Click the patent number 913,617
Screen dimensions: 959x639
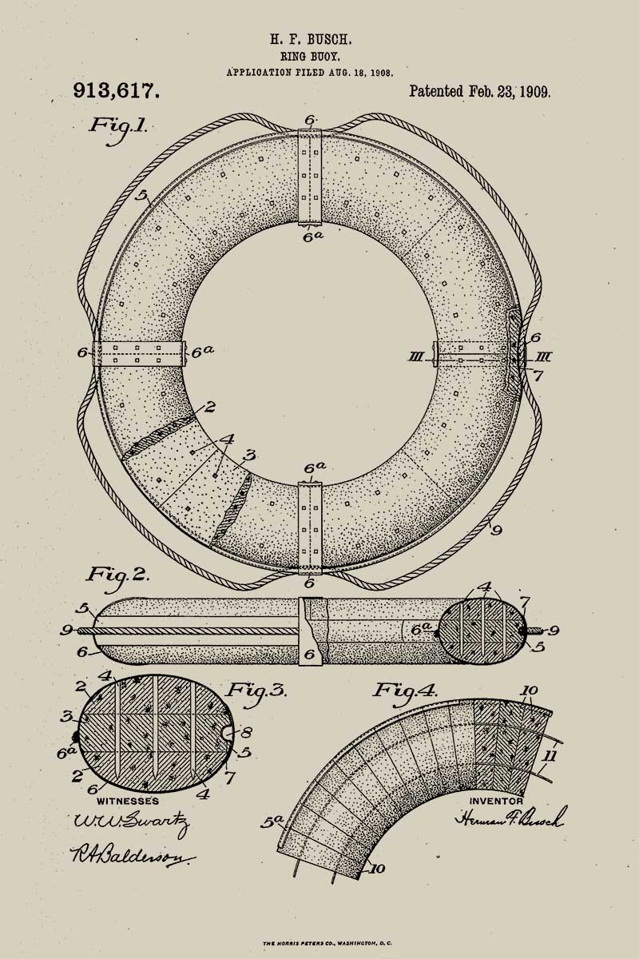pyautogui.click(x=116, y=91)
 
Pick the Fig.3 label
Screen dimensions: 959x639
pyautogui.click(x=257, y=691)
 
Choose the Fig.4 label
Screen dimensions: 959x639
pyautogui.click(x=406, y=690)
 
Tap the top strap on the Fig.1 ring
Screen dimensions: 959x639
pyautogui.click(x=310, y=176)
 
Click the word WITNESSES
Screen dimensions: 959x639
pyautogui.click(x=128, y=801)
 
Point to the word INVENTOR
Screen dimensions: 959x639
pyautogui.click(x=496, y=801)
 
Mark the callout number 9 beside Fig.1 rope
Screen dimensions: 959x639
pyautogui.click(x=497, y=529)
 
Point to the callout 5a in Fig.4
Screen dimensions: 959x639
pyautogui.click(x=272, y=821)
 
